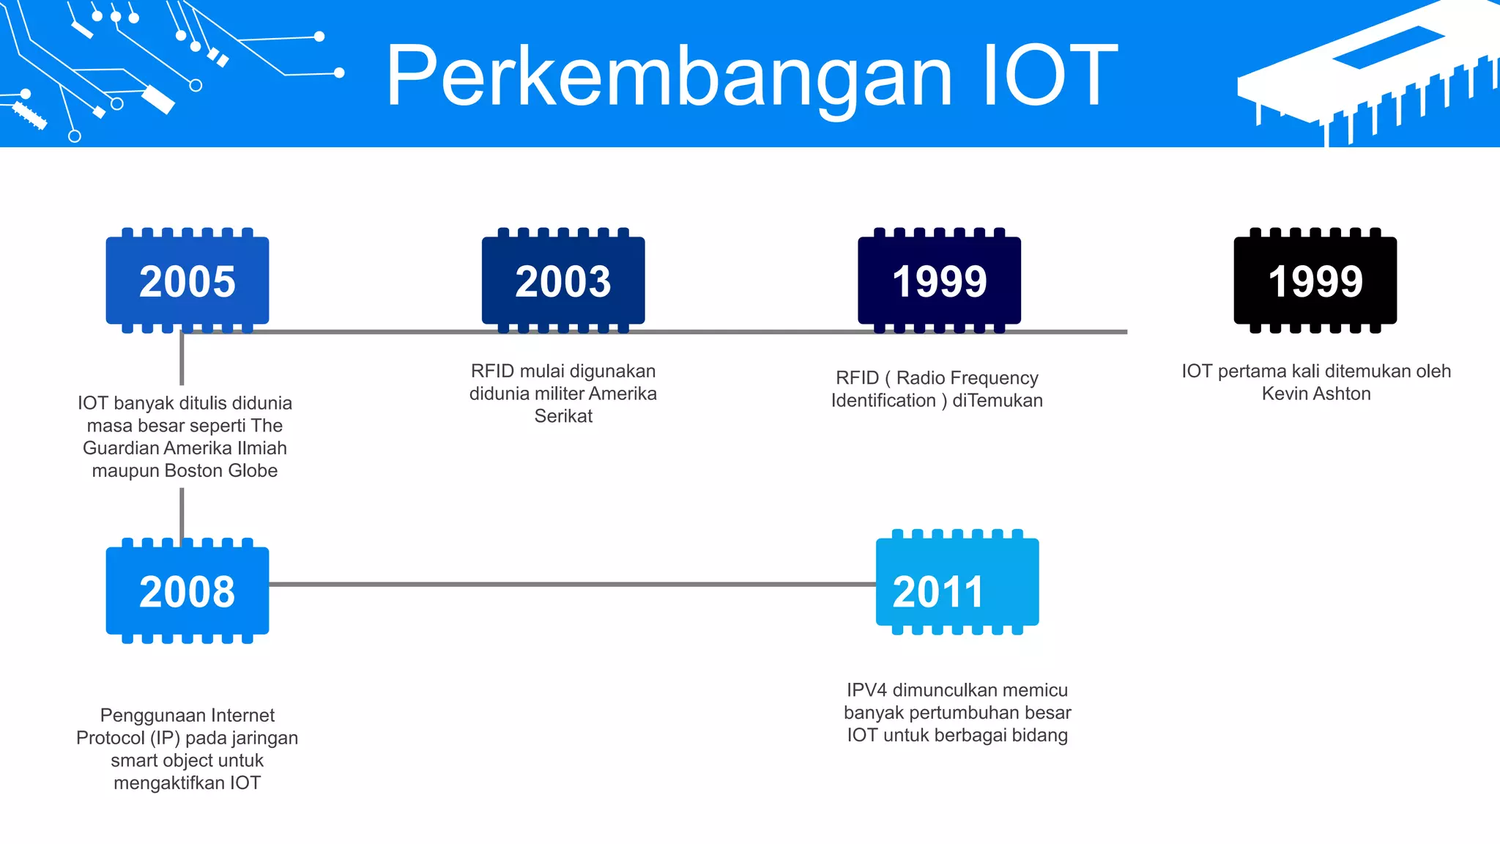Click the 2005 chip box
pos(187,281)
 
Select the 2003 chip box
pos(563,281)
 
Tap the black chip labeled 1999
pos(1315,281)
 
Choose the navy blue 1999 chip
pos(939,281)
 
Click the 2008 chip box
pos(187,591)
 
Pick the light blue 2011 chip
pos(957,582)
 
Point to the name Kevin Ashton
pos(1316,394)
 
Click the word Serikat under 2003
pos(563,416)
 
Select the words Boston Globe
pos(221,470)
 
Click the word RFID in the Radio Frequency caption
pos(857,378)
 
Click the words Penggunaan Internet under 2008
pos(187,715)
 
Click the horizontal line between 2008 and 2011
pos(571,584)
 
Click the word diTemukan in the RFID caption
pos(998,401)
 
